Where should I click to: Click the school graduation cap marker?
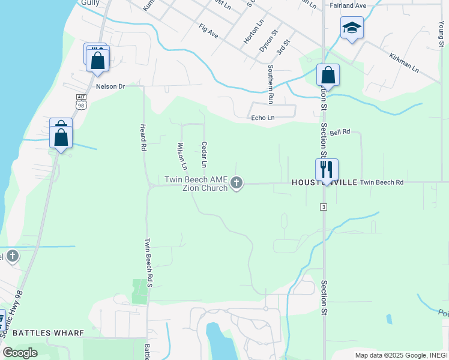352,28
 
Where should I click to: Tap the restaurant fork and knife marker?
327,170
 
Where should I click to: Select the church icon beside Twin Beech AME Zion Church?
237,182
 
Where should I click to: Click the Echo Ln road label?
263,118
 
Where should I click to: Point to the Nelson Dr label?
110,86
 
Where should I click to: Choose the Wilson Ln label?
182,155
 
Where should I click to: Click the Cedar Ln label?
204,154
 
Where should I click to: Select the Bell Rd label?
339,132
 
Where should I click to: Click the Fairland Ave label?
348,5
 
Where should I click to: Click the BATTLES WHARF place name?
47,332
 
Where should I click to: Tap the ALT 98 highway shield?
82,102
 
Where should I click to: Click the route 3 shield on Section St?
323,207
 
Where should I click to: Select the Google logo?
20,353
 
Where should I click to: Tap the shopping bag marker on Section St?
328,76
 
